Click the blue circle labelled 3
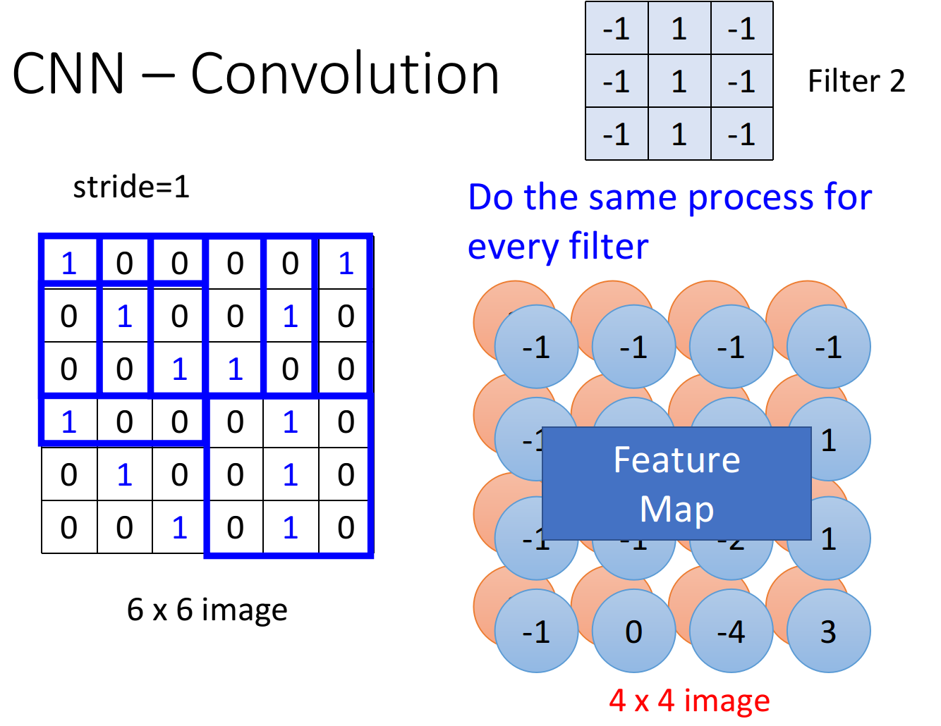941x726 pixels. pos(828,632)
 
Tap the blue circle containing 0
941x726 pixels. pos(633,632)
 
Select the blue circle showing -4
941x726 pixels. pos(731,632)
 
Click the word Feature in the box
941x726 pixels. pos(676,460)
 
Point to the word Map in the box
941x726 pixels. pos(676,510)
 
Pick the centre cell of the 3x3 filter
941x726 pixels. pos(679,82)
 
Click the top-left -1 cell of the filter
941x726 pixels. pos(617,29)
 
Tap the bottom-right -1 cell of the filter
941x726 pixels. pos(741,134)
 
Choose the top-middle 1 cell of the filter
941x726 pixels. pos(679,29)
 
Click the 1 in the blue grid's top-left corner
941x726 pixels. pos(68,264)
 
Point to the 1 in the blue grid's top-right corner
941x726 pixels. pos(346,264)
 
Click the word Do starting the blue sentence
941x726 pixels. pos(491,198)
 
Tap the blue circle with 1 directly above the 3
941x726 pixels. pos(828,539)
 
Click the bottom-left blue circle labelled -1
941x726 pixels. pos(536,632)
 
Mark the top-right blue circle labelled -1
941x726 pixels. pos(828,347)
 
